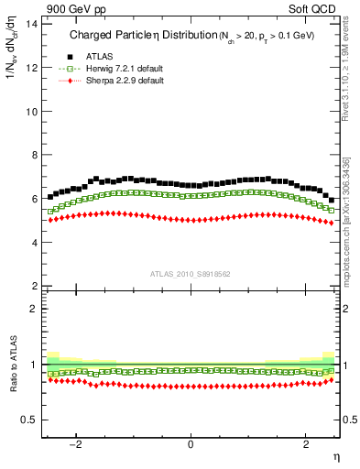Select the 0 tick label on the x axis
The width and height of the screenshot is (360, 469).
[x=191, y=445]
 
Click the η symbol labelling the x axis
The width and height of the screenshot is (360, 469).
[x=336, y=455]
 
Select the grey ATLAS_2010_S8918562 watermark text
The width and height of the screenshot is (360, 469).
[x=190, y=273]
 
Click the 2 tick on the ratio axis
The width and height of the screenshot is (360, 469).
[x=32, y=309]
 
